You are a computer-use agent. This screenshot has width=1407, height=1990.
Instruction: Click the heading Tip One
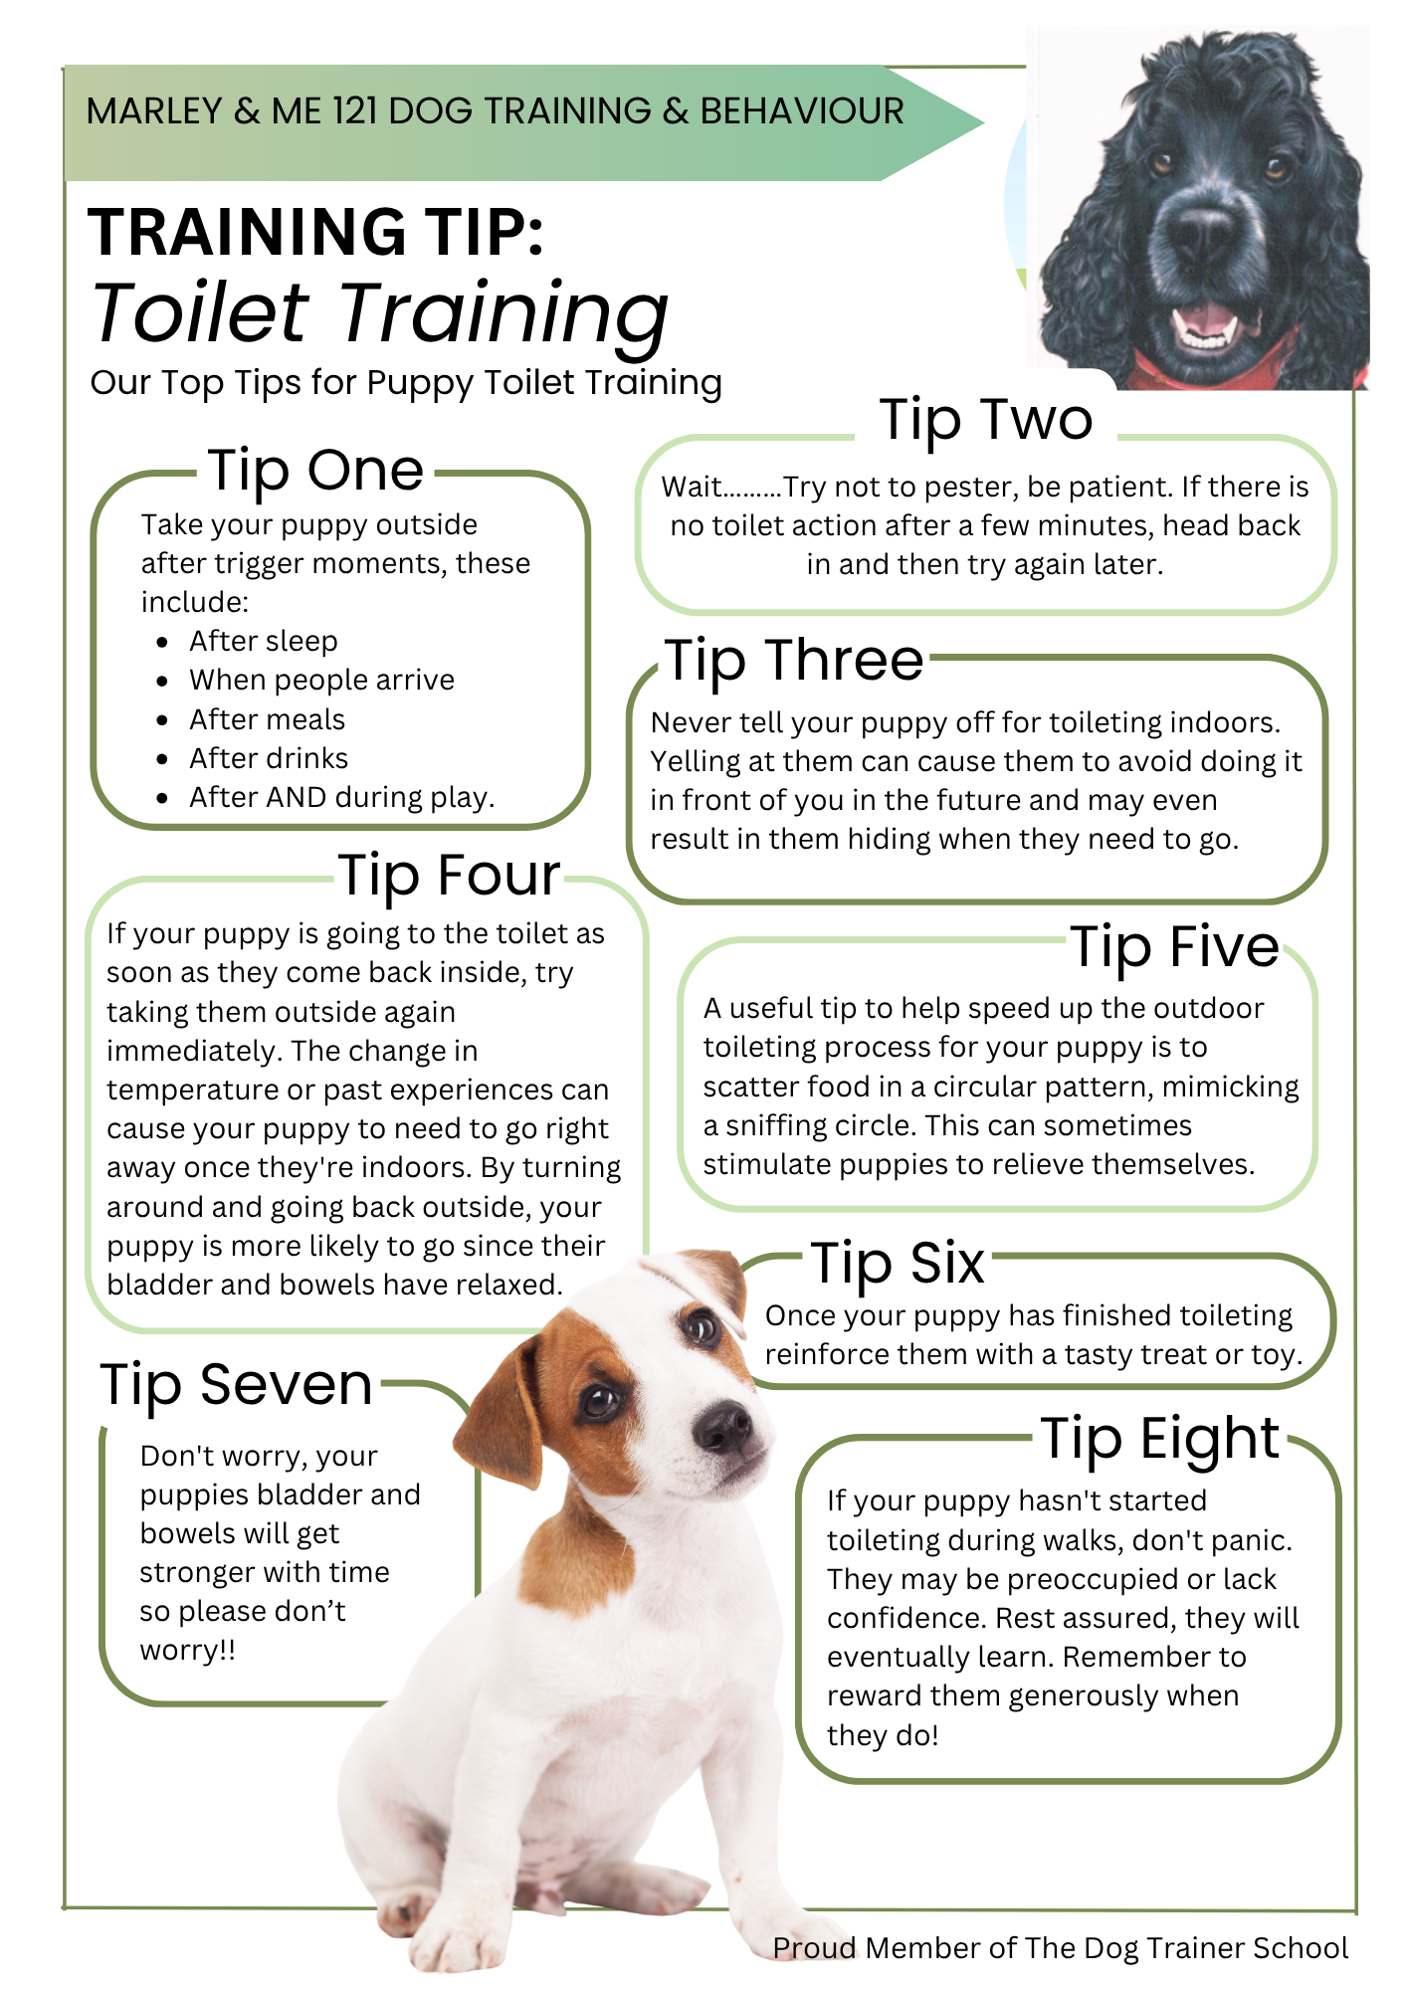(316, 471)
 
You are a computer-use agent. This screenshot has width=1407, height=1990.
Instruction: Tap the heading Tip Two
(986, 419)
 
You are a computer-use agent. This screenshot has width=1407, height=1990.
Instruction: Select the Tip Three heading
(794, 661)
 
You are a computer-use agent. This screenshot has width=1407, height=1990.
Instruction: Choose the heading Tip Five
(1175, 947)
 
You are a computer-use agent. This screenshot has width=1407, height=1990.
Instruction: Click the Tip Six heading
(898, 1264)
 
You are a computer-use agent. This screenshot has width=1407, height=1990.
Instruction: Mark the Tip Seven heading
(237, 1385)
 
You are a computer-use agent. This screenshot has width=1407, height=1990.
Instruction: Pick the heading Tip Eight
(1160, 1440)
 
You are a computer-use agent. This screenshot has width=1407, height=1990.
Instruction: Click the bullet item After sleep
(264, 641)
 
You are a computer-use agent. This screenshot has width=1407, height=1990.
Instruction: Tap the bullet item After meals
(268, 719)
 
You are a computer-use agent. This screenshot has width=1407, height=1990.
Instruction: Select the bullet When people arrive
(322, 681)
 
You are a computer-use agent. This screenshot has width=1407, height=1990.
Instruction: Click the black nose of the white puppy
(722, 1428)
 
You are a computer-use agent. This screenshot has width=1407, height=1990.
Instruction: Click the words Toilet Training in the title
(380, 313)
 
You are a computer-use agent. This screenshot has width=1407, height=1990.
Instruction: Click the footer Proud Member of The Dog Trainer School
(1061, 1948)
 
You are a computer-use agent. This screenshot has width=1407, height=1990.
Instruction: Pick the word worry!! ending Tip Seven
(188, 1651)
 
